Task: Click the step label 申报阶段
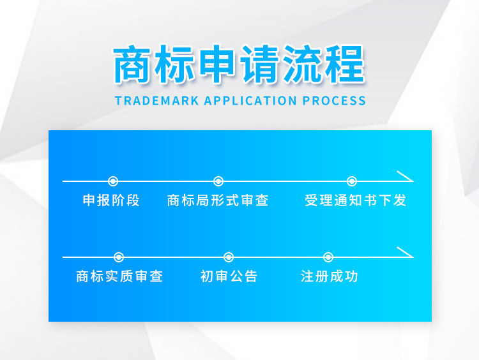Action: [x=111, y=200]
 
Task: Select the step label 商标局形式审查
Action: [x=218, y=200]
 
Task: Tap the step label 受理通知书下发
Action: [x=355, y=200]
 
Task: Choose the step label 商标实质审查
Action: [x=119, y=276]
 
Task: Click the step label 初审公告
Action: [x=229, y=276]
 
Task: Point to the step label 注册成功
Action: [x=330, y=276]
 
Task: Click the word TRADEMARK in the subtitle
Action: [x=156, y=101]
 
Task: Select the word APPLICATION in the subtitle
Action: [x=250, y=101]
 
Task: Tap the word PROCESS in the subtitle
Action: [x=334, y=101]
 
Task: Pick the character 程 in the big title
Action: [x=345, y=64]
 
